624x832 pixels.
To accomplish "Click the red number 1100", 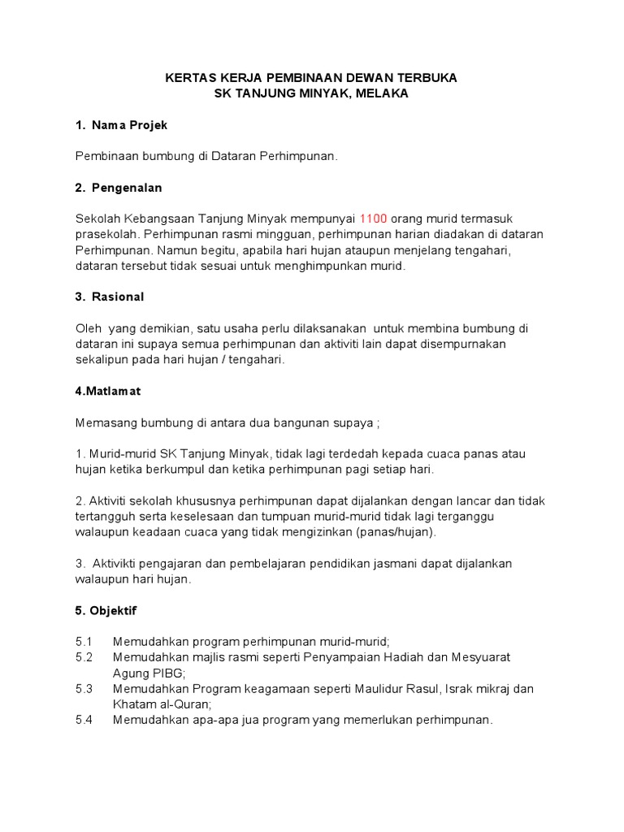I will (x=373, y=219).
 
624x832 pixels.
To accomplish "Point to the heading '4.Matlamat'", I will (x=107, y=391).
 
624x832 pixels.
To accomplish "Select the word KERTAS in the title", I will (x=186, y=78).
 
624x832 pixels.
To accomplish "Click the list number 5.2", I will (x=84, y=656).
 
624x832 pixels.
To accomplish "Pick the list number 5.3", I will (x=84, y=688).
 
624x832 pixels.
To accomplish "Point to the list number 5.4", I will (x=84, y=719).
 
